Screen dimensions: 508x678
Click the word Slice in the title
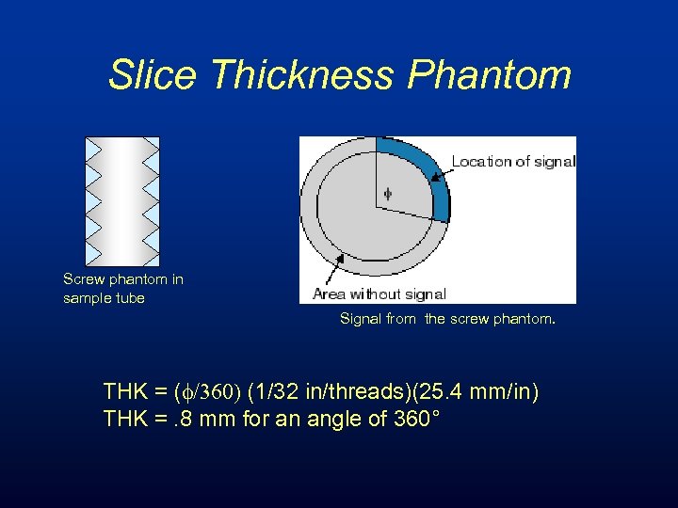click(153, 74)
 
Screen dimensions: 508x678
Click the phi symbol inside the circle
click(386, 195)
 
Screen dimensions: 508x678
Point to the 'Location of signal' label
click(512, 161)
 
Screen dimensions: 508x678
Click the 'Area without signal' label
click(379, 294)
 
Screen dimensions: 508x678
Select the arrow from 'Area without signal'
click(331, 274)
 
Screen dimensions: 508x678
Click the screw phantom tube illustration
click(122, 200)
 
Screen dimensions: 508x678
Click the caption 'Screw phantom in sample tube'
click(122, 288)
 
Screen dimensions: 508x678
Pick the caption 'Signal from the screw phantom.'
click(447, 319)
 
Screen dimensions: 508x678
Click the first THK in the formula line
click(125, 391)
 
